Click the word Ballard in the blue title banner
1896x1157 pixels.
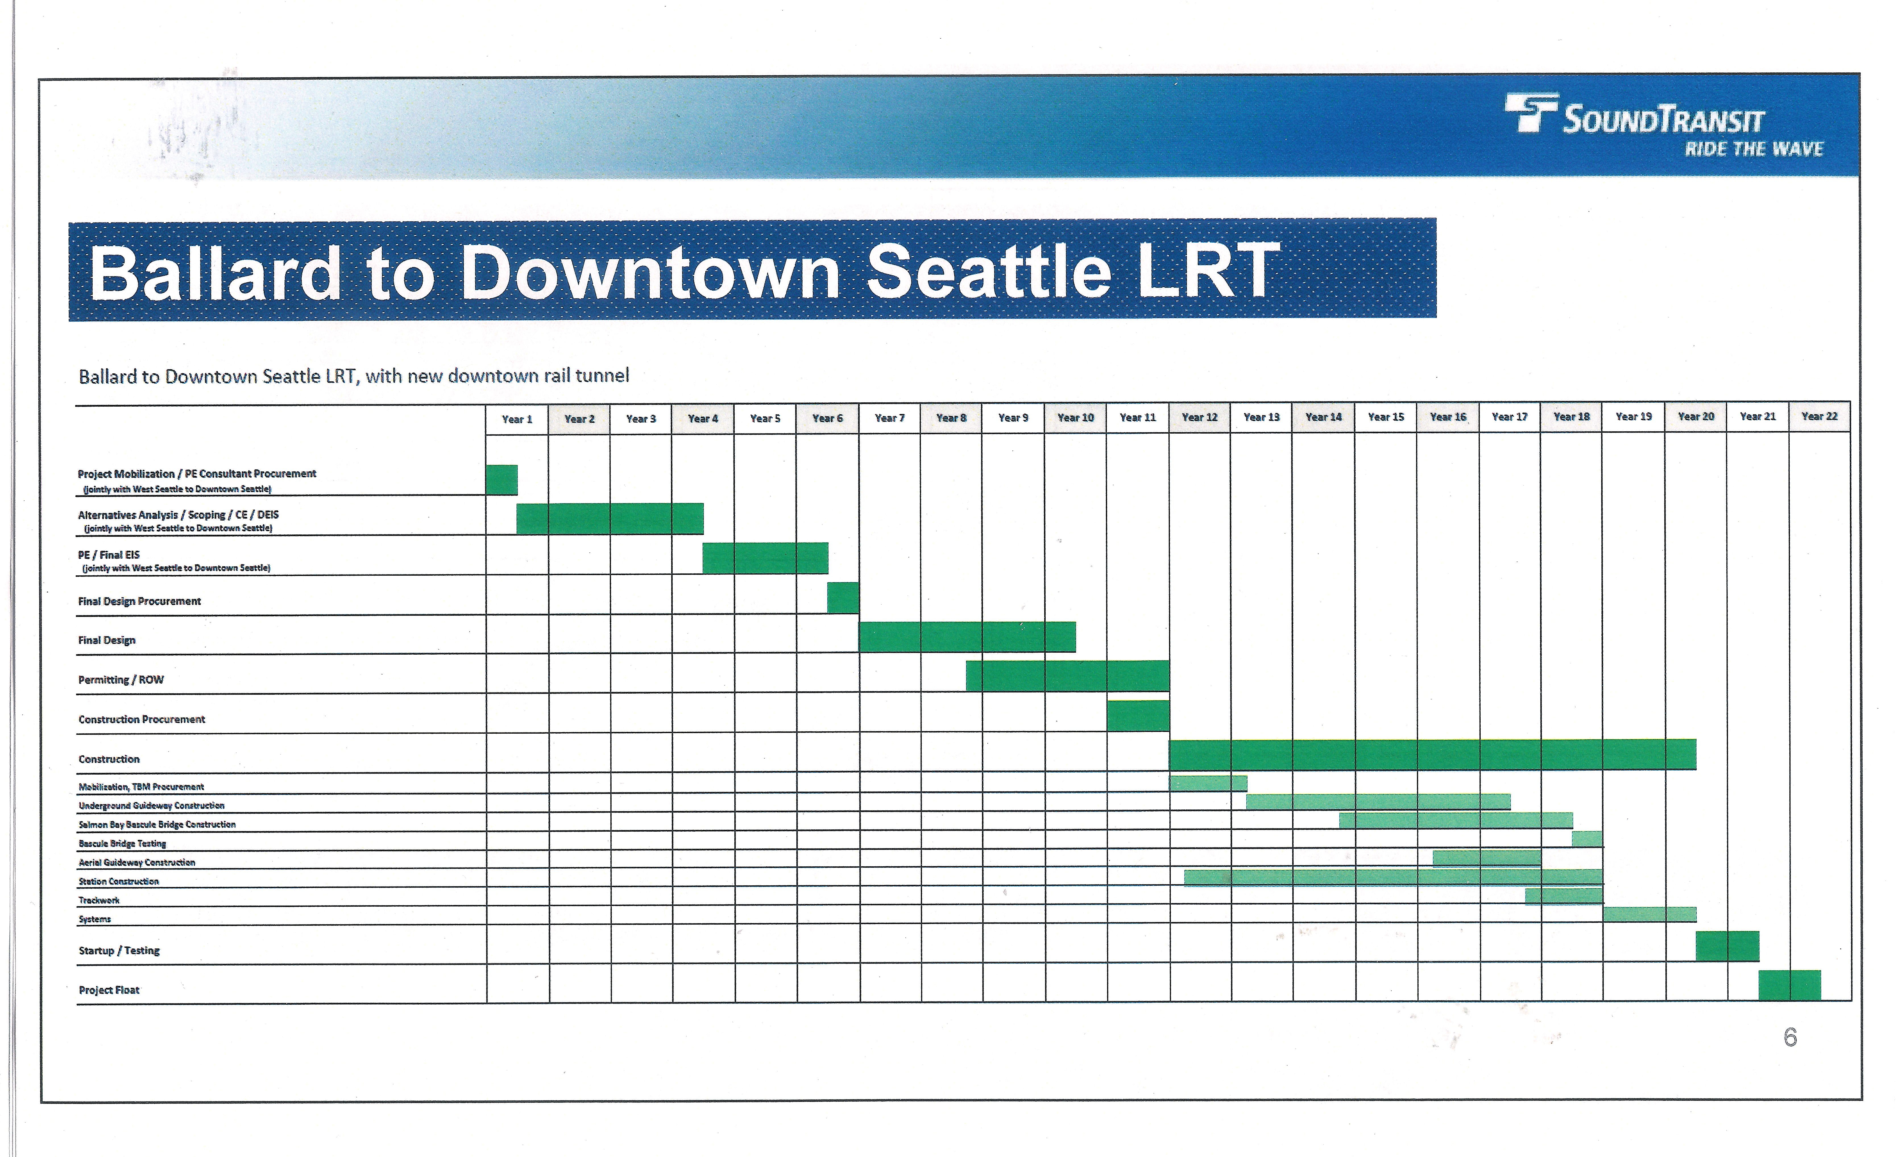[x=215, y=273]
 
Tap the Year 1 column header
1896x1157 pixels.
[x=517, y=419]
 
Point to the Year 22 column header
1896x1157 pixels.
[x=1819, y=416]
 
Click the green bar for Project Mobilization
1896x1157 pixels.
[x=502, y=480]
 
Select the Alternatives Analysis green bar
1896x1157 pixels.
[x=610, y=519]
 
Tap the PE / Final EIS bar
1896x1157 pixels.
[x=766, y=558]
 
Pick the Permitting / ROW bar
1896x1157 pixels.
[x=1067, y=675]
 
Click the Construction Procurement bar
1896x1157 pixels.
[x=1138, y=715]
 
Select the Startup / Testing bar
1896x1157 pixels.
[x=1727, y=946]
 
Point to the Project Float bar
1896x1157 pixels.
[x=1790, y=985]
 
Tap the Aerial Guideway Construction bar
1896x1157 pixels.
[x=1487, y=858]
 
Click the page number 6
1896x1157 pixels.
[x=1791, y=1038]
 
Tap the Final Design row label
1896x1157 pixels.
[x=107, y=640]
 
